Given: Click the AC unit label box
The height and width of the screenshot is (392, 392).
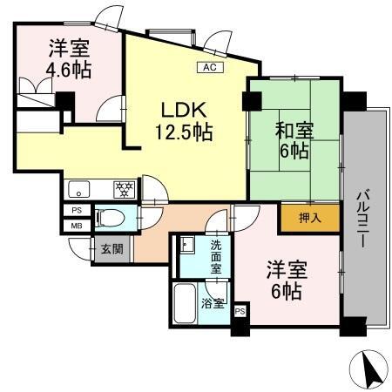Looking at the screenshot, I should (209, 66).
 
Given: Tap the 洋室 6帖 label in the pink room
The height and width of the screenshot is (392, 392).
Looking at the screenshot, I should (285, 280).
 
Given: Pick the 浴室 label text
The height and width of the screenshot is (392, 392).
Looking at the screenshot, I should (213, 303).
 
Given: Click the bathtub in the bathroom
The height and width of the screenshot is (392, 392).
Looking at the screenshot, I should (186, 303).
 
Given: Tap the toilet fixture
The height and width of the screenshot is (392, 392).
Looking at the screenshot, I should (110, 216).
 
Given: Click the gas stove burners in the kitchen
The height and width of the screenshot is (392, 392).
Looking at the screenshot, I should (123, 186).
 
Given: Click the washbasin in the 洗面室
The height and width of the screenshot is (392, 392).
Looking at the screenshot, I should (186, 245).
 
